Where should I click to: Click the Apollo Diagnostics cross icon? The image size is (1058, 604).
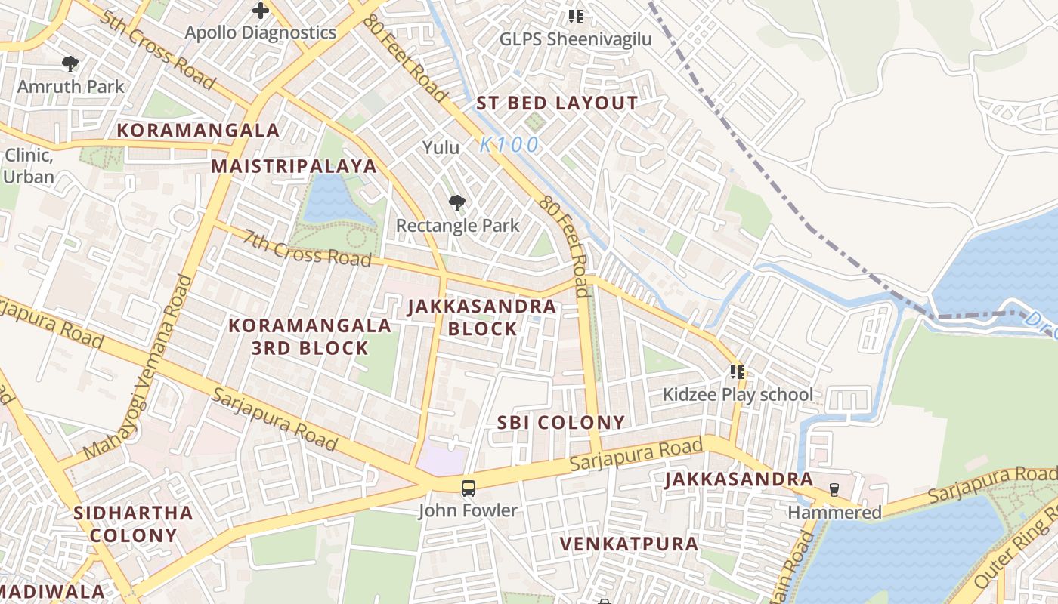pyautogui.click(x=261, y=11)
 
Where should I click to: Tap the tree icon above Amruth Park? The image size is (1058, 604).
pyautogui.click(x=70, y=64)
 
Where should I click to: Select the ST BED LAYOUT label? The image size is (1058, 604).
pyautogui.click(x=557, y=103)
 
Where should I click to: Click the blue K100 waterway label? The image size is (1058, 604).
pyautogui.click(x=510, y=144)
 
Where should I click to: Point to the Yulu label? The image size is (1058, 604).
pyautogui.click(x=441, y=147)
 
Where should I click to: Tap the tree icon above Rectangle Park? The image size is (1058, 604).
pyautogui.click(x=456, y=202)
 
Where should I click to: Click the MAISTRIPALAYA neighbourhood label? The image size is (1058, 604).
pyautogui.click(x=293, y=166)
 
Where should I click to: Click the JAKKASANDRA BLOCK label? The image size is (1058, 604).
pyautogui.click(x=482, y=317)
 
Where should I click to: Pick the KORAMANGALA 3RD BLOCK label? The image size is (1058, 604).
pyautogui.click(x=310, y=337)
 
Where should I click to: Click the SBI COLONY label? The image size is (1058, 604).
pyautogui.click(x=561, y=423)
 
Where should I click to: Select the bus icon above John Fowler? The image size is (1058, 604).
pyautogui.click(x=469, y=488)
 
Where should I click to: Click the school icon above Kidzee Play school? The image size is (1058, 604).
pyautogui.click(x=738, y=371)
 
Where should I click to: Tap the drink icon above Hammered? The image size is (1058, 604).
pyautogui.click(x=834, y=489)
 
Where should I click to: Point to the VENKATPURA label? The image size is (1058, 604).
pyautogui.click(x=629, y=544)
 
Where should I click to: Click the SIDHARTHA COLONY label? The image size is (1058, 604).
pyautogui.click(x=134, y=524)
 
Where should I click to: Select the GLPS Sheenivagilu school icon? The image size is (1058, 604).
pyautogui.click(x=576, y=15)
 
